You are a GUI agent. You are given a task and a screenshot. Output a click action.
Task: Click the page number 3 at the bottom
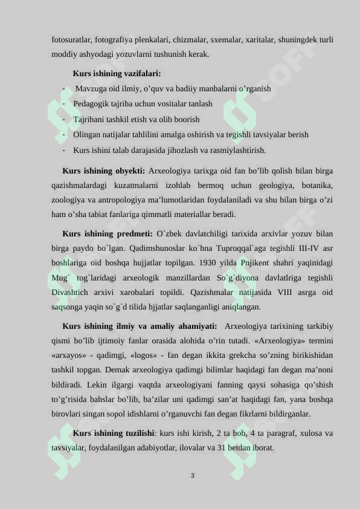coord(192,476)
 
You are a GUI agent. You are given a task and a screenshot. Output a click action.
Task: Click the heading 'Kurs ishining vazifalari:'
coord(117,74)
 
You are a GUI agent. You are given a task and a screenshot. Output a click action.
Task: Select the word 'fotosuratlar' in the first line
coord(71,40)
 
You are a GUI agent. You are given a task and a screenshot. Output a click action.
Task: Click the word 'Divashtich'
coord(71,293)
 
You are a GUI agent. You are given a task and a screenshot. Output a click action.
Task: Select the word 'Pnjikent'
coord(243,263)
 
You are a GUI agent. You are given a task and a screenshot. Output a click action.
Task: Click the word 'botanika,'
coord(316,185)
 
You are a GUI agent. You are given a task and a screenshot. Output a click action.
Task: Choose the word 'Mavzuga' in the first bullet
coord(91,89)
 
